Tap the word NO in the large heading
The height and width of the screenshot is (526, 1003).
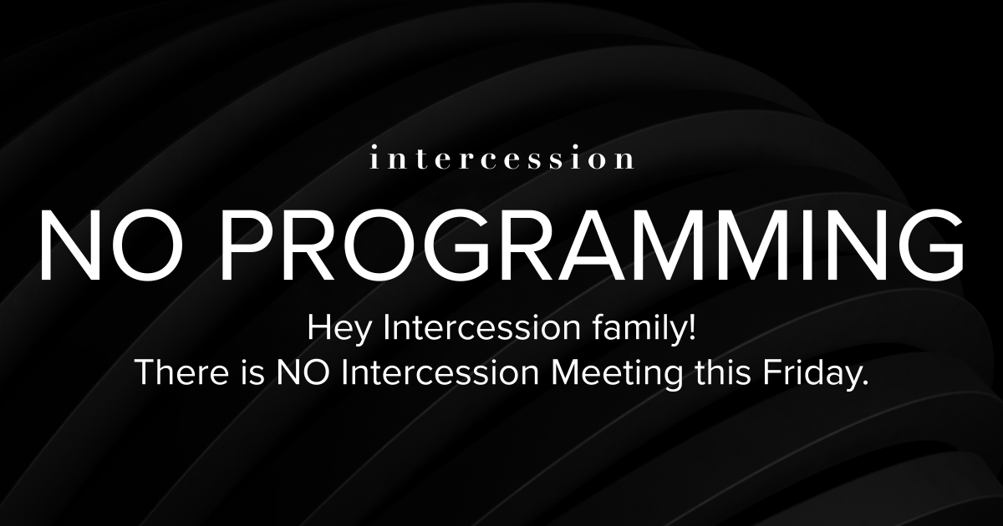(x=113, y=246)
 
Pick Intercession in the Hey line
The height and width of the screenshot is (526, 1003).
(x=482, y=328)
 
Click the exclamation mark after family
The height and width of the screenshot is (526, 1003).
(x=692, y=328)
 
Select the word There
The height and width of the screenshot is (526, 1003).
(x=182, y=372)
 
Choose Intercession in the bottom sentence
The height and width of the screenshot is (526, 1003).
(x=440, y=372)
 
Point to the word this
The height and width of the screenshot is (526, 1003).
(x=723, y=372)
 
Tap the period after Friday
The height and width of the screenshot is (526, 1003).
(x=864, y=383)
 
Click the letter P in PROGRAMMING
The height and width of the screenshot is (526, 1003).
(x=247, y=246)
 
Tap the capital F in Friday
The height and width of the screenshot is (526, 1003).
(x=771, y=372)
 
